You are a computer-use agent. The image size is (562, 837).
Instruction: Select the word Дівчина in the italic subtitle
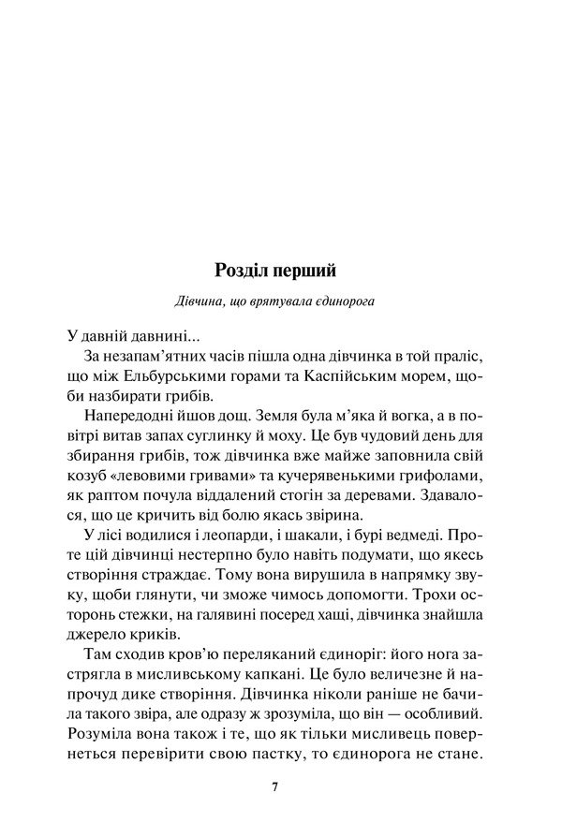(x=199, y=301)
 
